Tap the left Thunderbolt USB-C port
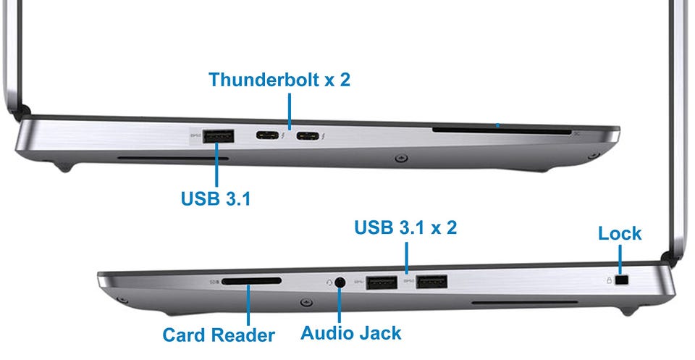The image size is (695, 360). pyautogui.click(x=267, y=135)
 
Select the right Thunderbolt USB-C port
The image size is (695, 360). pyautogui.click(x=308, y=135)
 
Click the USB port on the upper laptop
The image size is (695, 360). pyautogui.click(x=218, y=136)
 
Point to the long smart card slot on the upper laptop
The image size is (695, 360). pyautogui.click(x=502, y=131)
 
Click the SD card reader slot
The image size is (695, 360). pyautogui.click(x=251, y=281)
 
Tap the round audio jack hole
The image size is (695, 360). pyautogui.click(x=340, y=282)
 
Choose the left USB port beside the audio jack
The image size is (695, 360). pyautogui.click(x=382, y=282)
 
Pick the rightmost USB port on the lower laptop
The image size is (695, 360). pyautogui.click(x=431, y=282)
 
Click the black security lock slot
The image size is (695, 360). pyautogui.click(x=623, y=280)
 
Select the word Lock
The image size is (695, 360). pyautogui.click(x=620, y=233)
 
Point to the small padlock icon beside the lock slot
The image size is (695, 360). pyautogui.click(x=609, y=280)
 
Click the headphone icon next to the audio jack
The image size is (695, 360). pyautogui.click(x=329, y=282)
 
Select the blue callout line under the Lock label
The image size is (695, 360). pyautogui.click(x=620, y=259)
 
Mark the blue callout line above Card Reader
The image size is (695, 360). pyautogui.click(x=248, y=305)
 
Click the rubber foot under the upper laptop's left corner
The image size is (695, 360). pyautogui.click(x=64, y=168)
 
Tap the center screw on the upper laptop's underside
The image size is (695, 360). pyautogui.click(x=401, y=157)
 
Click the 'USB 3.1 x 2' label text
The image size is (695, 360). pyautogui.click(x=405, y=227)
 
